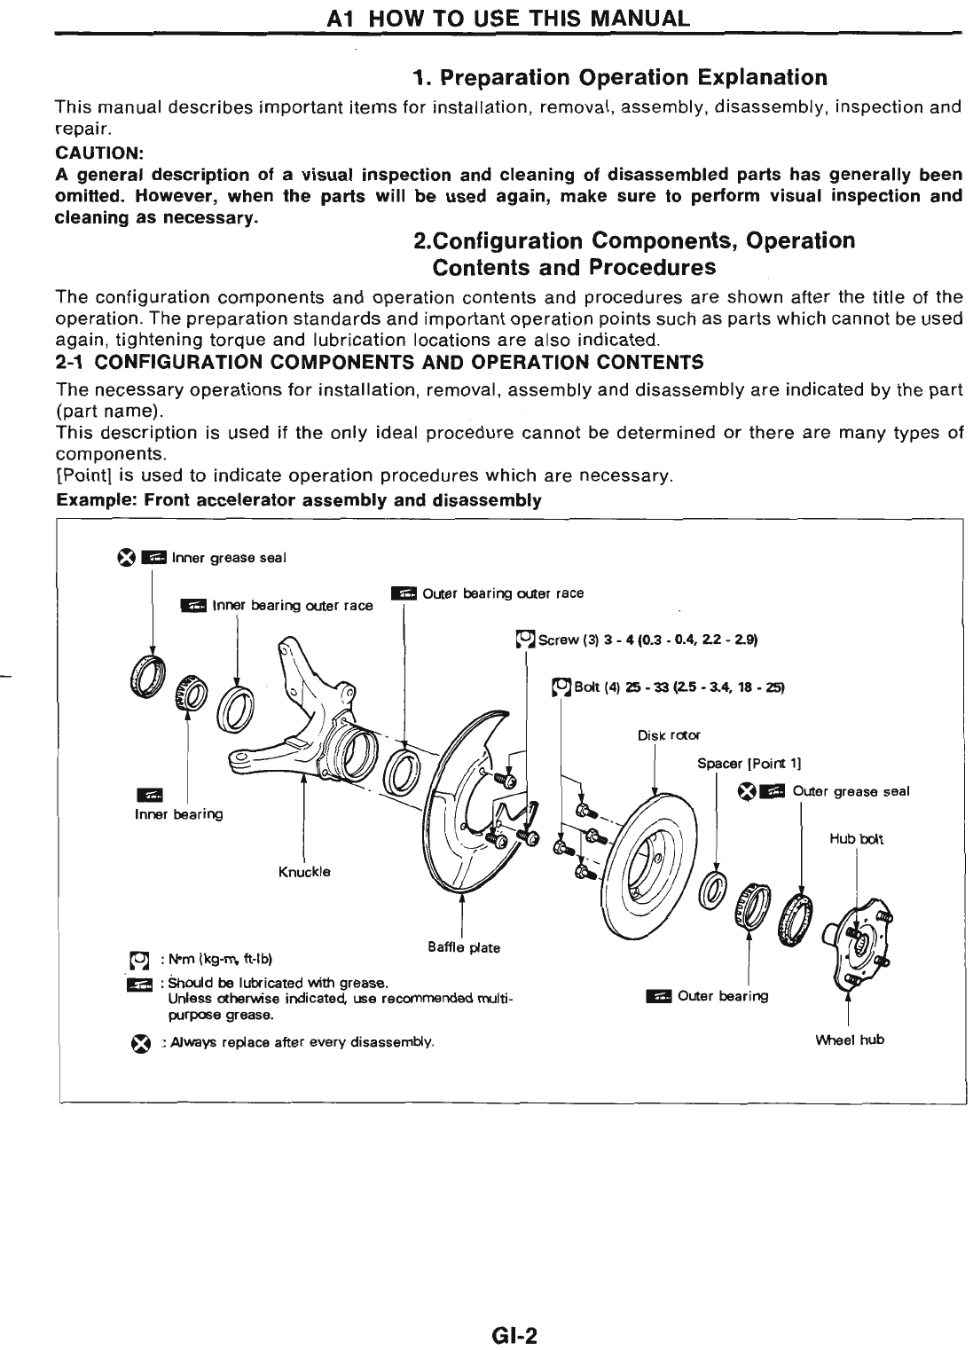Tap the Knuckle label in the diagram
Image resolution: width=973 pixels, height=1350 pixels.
(304, 871)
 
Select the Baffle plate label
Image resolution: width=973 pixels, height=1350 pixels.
(463, 947)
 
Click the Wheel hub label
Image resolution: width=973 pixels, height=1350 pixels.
(849, 1039)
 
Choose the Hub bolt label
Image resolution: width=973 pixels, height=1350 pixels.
(856, 838)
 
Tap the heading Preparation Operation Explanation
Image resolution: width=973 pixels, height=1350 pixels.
(620, 77)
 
